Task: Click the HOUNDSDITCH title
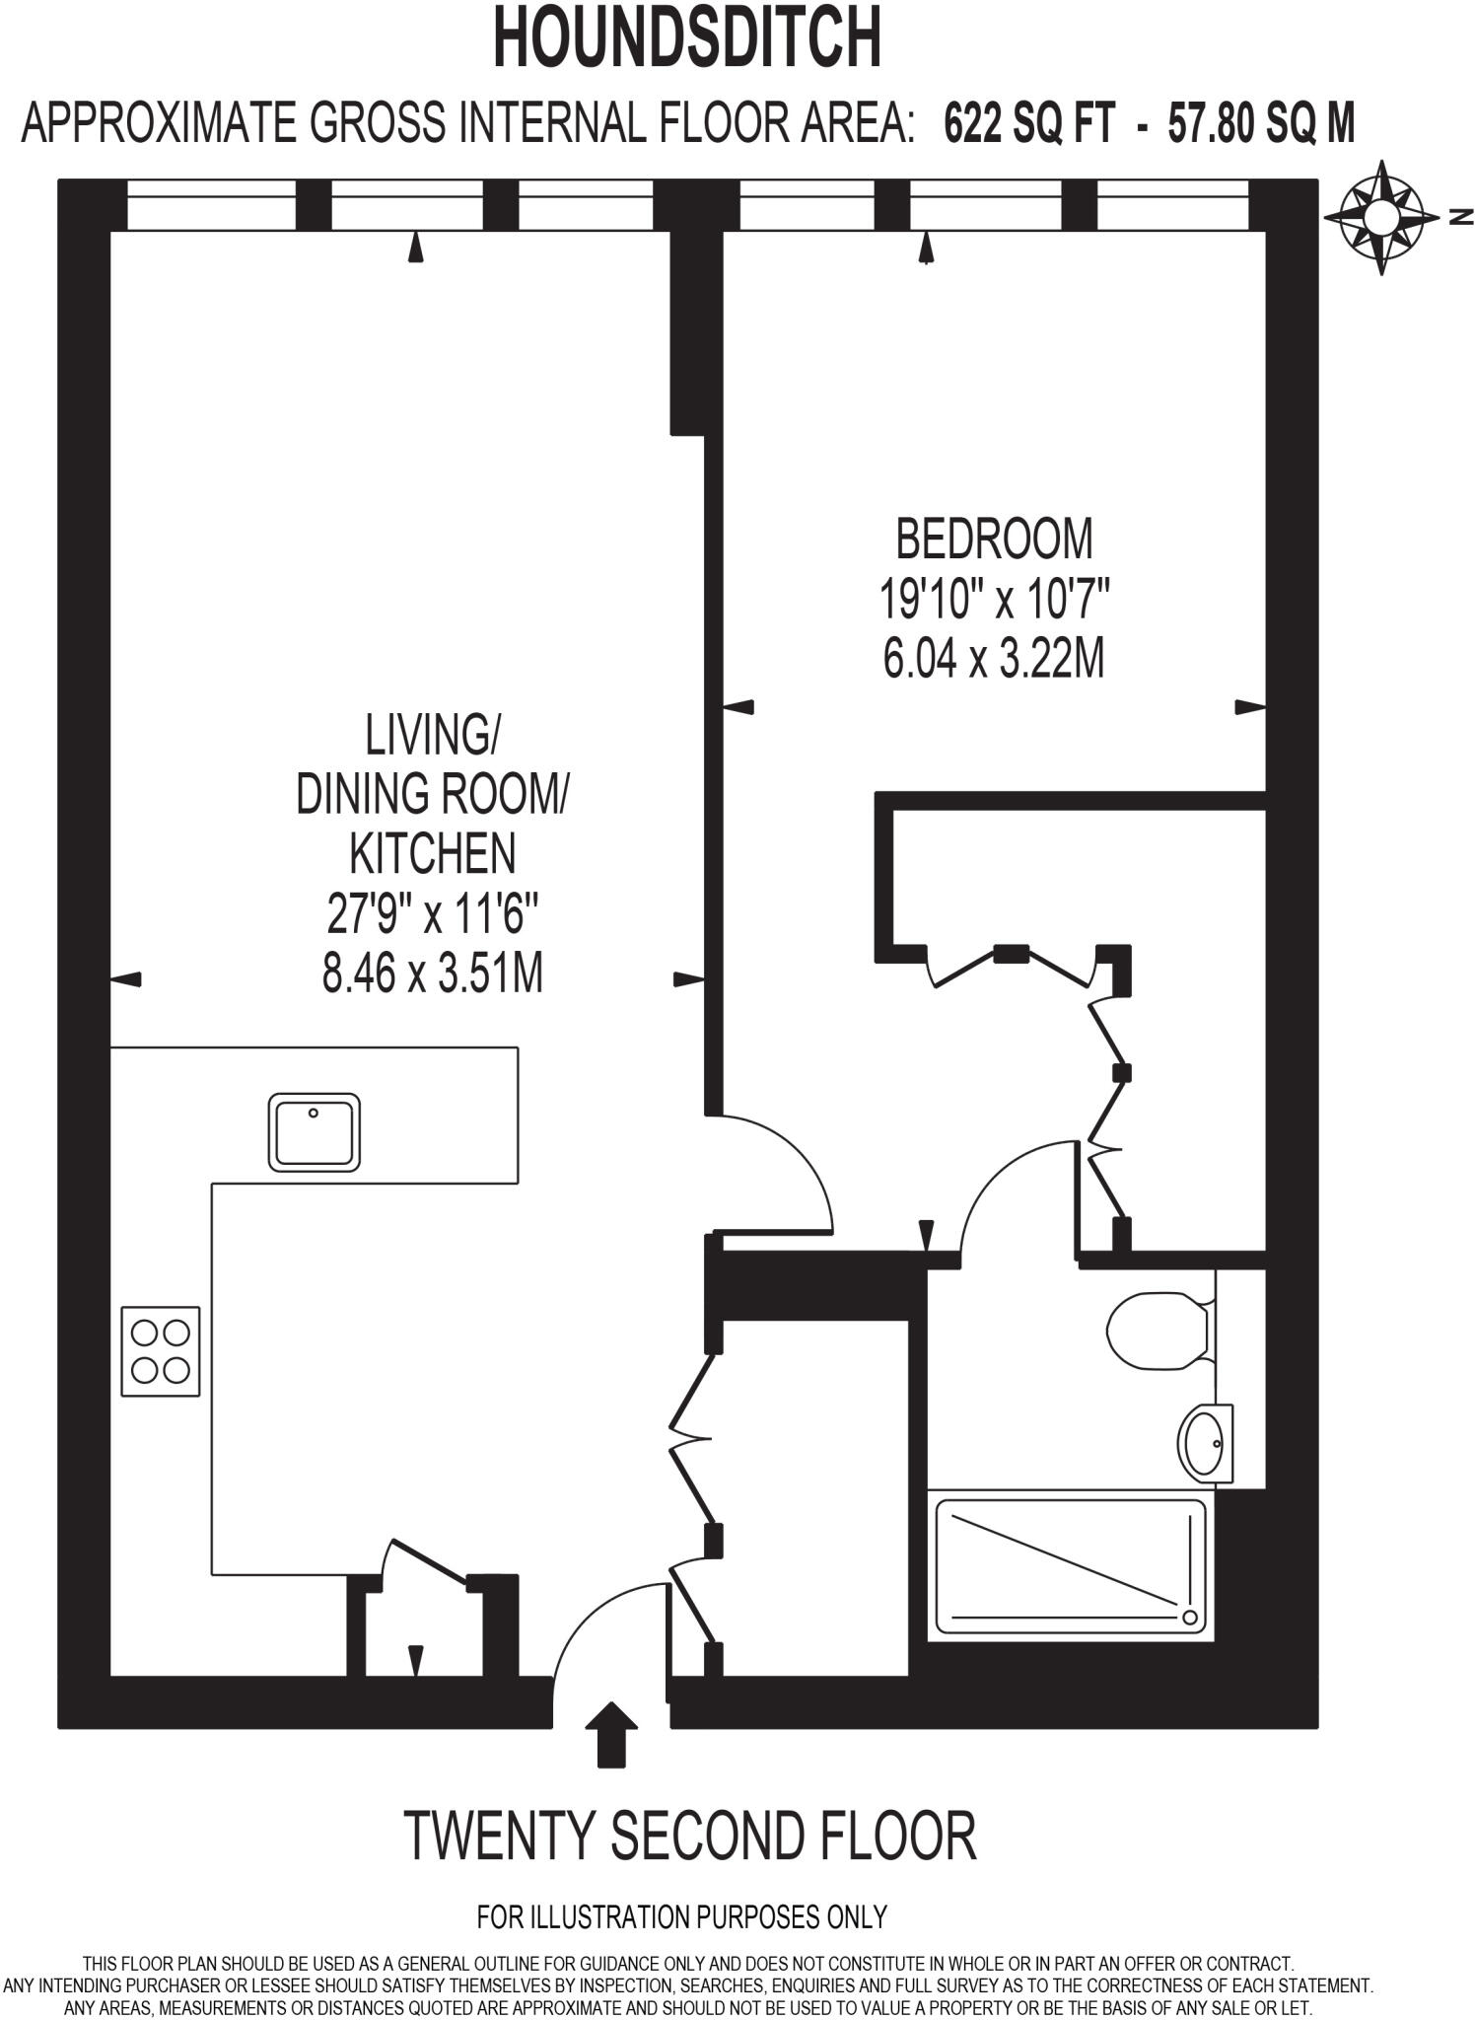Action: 686,38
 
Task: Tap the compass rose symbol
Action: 1380,217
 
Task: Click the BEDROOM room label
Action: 994,540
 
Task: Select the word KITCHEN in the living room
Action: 433,853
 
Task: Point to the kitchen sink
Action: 314,1131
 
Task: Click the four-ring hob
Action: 161,1351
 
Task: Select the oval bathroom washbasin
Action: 1204,1444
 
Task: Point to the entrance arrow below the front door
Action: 611,1734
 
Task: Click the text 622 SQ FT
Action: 1029,125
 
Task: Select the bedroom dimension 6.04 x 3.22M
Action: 994,658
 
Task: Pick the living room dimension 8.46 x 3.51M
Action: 433,974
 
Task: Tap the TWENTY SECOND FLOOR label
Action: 689,1836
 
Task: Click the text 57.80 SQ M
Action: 1261,125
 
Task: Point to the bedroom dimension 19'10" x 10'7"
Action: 994,599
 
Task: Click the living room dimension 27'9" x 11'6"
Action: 433,914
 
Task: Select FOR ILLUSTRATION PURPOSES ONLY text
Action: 682,1916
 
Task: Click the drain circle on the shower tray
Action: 1190,1618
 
